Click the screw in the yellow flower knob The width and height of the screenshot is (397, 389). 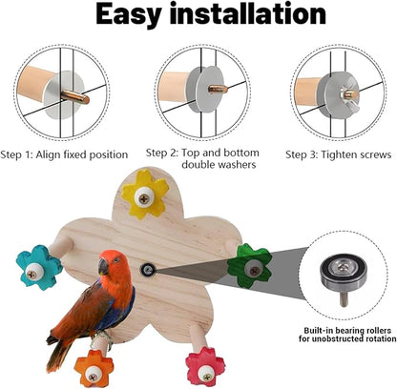pyautogui.click(x=142, y=197)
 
